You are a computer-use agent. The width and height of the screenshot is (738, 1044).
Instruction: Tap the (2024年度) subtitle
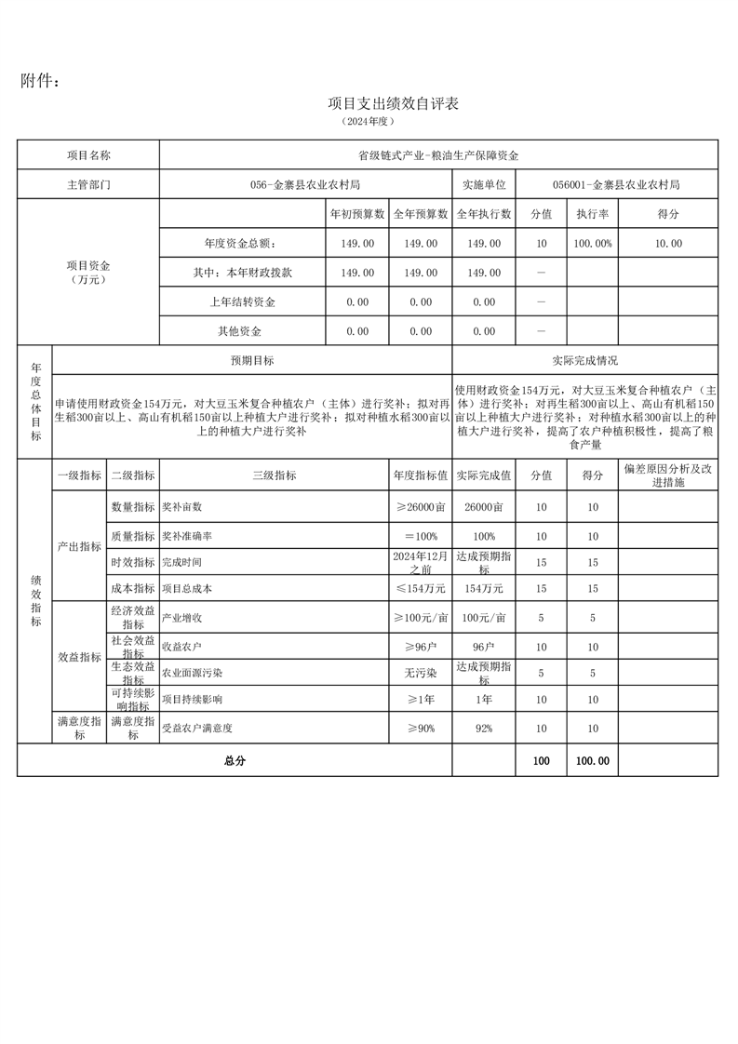click(x=369, y=122)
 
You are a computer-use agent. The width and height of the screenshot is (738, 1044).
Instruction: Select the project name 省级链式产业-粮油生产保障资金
click(x=438, y=155)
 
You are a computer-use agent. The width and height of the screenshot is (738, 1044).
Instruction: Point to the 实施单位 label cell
click(x=483, y=184)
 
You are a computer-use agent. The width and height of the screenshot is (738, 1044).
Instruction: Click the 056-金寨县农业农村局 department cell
click(x=305, y=184)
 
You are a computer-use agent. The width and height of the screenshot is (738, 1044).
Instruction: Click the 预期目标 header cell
click(x=252, y=360)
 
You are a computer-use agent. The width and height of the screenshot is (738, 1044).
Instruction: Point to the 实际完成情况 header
click(x=584, y=360)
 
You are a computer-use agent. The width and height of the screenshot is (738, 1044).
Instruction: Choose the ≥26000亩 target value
click(x=421, y=507)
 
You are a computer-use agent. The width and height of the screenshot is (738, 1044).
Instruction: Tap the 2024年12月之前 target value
click(x=421, y=562)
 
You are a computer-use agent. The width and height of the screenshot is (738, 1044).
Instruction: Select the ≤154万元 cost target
click(x=421, y=589)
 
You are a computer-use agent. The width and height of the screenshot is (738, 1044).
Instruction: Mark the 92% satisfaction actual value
click(x=483, y=729)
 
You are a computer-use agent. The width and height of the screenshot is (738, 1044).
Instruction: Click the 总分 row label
click(x=235, y=760)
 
